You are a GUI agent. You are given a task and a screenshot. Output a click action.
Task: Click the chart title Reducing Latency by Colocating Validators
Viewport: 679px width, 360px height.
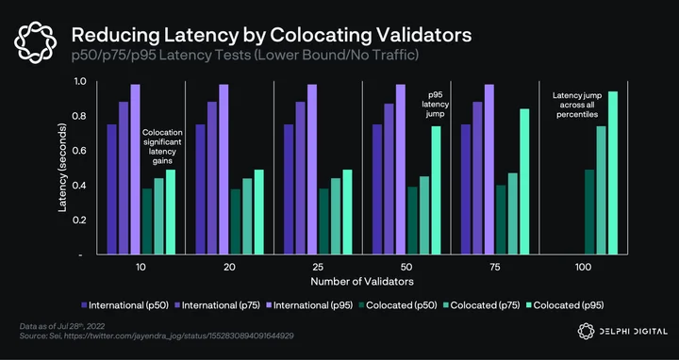[272, 35]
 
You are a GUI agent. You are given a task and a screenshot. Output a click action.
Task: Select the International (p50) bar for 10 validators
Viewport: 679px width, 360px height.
[111, 189]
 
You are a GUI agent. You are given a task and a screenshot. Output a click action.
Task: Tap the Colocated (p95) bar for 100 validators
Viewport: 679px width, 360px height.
[613, 172]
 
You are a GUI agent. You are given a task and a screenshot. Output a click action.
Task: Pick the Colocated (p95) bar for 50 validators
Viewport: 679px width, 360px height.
[436, 190]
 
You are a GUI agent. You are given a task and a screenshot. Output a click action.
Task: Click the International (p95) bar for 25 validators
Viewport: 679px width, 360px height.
[312, 170]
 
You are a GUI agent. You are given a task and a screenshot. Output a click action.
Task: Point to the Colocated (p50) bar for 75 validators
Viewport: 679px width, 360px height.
[501, 220]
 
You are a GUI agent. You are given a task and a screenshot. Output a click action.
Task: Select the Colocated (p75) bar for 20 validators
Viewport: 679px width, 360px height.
[247, 217]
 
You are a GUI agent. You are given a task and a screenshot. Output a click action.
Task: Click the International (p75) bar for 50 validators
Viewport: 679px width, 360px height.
[389, 179]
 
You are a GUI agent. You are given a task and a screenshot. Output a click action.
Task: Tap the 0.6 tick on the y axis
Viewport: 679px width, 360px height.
[82, 151]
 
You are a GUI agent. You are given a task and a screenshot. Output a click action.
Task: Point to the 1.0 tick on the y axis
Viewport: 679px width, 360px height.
[82, 81]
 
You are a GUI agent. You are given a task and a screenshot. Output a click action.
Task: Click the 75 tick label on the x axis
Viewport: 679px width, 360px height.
[495, 267]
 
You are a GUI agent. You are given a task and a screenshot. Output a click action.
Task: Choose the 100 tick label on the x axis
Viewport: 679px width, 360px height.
[584, 267]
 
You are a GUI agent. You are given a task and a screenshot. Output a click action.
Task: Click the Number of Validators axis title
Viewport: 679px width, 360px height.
[362, 282]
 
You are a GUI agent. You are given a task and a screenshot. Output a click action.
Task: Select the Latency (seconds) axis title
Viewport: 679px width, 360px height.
[63, 168]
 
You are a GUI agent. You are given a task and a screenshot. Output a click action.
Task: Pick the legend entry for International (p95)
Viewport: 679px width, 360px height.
[308, 305]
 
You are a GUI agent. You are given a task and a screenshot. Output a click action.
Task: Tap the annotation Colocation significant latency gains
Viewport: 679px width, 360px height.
[162, 147]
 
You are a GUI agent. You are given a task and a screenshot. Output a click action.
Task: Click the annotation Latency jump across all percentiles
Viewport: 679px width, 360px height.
[577, 105]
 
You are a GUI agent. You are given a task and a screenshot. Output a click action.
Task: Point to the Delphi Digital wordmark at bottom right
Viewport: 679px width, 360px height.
[622, 332]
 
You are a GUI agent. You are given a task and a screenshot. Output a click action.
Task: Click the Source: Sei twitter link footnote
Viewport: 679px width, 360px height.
[157, 335]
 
